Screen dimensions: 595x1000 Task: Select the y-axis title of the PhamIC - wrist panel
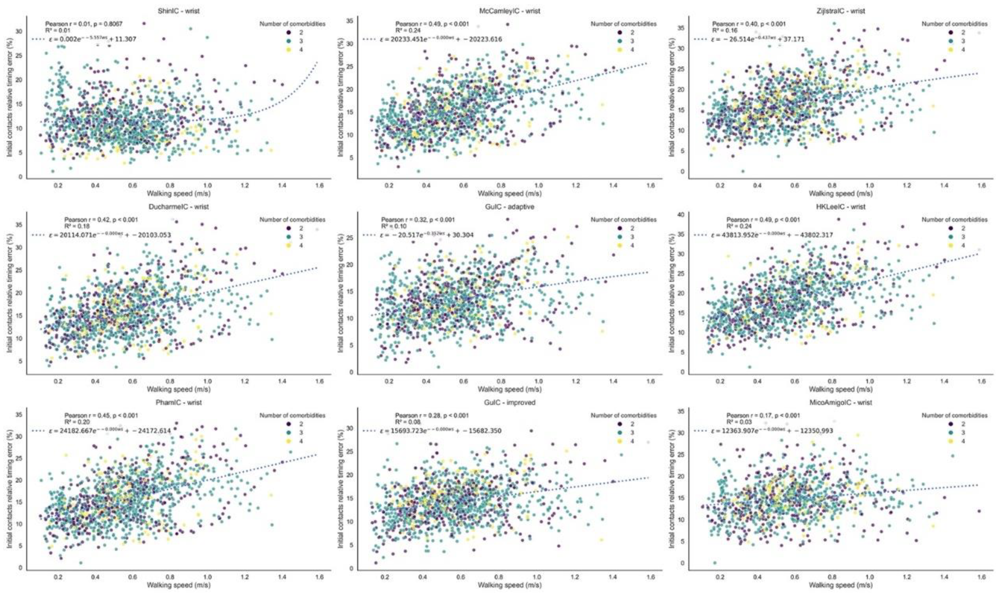click(9, 489)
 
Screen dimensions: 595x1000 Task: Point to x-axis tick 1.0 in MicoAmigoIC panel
click(869, 578)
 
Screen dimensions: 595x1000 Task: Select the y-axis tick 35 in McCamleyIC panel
click(351, 21)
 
